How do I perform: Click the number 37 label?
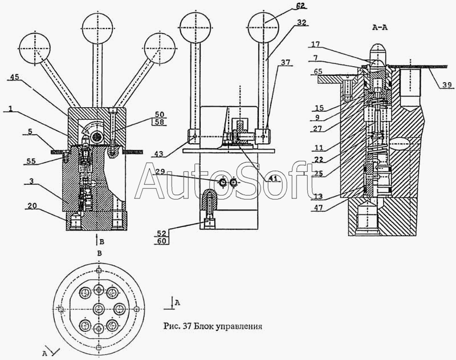click(x=283, y=62)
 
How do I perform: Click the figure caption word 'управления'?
click(x=238, y=327)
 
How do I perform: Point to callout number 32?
click(x=302, y=23)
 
